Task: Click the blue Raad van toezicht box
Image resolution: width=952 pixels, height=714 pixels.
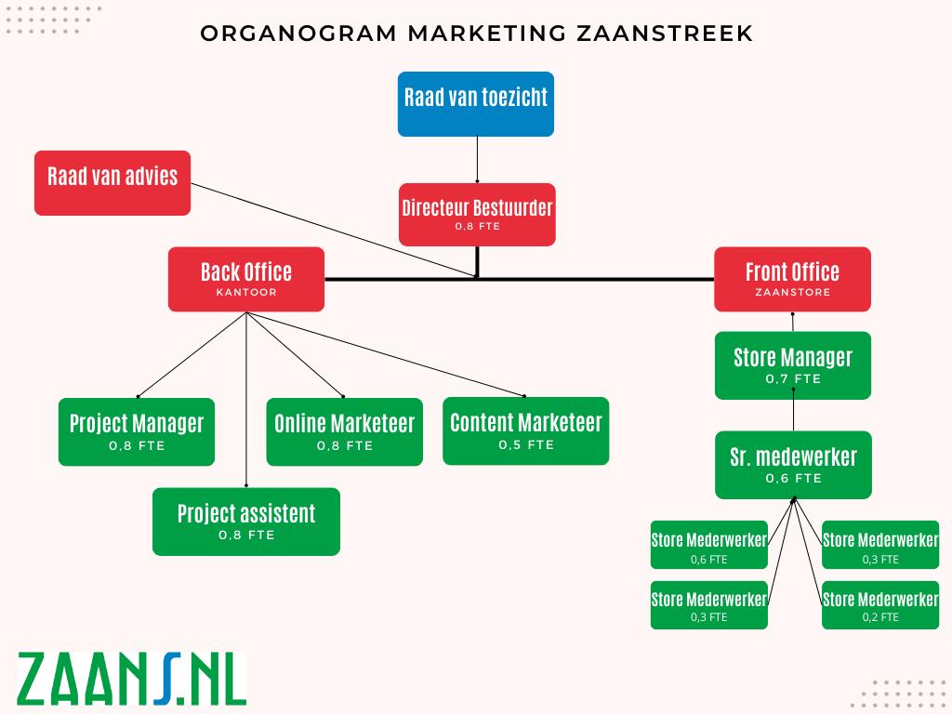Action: [476, 103]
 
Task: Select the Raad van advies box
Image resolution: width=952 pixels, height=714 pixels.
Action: [112, 183]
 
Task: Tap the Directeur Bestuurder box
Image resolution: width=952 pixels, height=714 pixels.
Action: [477, 214]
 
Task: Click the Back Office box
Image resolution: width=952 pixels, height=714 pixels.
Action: [246, 279]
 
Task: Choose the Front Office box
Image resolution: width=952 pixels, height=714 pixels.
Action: [792, 279]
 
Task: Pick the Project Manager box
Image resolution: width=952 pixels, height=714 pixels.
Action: [137, 431]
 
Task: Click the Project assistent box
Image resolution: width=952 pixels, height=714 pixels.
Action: [246, 521]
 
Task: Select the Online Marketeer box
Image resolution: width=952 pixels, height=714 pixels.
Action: [344, 431]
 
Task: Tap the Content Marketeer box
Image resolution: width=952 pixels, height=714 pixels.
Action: [526, 430]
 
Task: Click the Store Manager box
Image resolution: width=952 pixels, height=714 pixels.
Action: [793, 364]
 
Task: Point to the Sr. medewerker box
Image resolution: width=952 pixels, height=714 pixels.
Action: [793, 464]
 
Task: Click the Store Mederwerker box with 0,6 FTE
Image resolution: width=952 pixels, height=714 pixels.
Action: [708, 545]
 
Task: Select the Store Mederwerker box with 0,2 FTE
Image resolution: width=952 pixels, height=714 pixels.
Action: [880, 605]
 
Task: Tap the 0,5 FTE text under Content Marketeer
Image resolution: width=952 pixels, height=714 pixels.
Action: [526, 445]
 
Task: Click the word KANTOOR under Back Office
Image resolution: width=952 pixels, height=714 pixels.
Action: [246, 292]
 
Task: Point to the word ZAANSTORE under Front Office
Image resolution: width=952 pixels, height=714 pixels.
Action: [793, 292]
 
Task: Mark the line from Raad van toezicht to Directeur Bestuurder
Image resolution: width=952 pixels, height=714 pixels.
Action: [477, 159]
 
